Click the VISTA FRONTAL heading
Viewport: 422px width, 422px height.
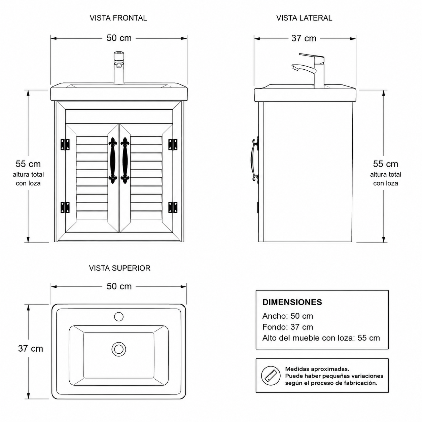pos(118,18)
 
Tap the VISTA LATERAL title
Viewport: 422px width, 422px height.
pos(304,18)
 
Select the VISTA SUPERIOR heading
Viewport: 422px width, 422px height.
pos(119,268)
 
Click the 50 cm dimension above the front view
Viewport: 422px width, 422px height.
pos(119,38)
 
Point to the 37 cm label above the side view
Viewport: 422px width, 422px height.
pos(304,38)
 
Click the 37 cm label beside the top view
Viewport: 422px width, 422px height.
pos(30,349)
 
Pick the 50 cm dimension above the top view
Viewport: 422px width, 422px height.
pos(119,286)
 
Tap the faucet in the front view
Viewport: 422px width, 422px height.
pos(119,68)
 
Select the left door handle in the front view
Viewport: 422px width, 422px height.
pos(113,161)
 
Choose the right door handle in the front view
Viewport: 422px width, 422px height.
pos(125,161)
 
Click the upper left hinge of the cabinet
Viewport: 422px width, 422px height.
pos(65,144)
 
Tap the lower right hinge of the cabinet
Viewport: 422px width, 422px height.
pos(173,207)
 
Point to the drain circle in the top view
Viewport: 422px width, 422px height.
pos(119,349)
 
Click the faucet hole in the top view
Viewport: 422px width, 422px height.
pos(119,317)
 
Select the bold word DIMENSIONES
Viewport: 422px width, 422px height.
pos(292,302)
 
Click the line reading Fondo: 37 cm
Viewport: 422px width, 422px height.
pos(288,327)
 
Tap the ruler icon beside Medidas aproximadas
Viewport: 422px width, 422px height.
pos(271,376)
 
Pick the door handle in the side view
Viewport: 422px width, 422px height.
pos(254,161)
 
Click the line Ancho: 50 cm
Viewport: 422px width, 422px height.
pos(288,316)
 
